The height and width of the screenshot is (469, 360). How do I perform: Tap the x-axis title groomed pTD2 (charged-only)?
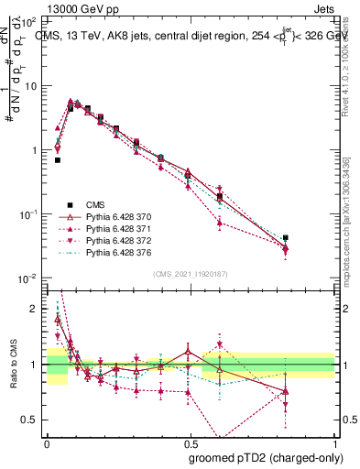pyautogui.click(x=265, y=458)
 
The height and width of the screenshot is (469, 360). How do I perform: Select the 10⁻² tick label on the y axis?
pyautogui.click(x=27, y=278)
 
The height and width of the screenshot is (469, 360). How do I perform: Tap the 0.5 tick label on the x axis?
pyautogui.click(x=190, y=442)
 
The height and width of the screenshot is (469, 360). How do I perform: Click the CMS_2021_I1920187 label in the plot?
pyautogui.click(x=191, y=274)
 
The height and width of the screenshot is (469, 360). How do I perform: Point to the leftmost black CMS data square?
pyautogui.click(x=58, y=160)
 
